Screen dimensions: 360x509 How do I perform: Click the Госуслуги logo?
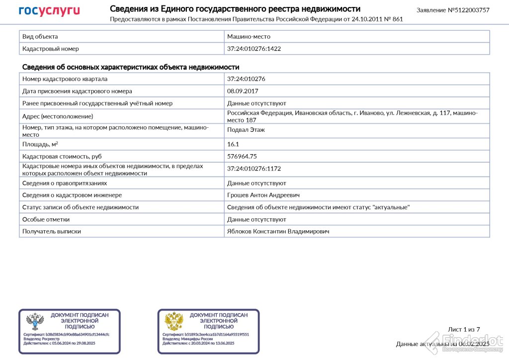pyautogui.click(x=49, y=10)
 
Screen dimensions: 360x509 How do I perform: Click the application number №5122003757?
pyautogui.click(x=453, y=10)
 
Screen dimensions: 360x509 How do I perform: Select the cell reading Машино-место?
pyautogui.click(x=249, y=37)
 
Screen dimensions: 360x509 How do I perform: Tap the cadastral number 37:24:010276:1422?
pyautogui.click(x=257, y=49)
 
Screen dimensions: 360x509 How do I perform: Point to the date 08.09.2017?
pyautogui.click(x=243, y=91)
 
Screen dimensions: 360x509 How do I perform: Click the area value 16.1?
pyautogui.click(x=233, y=144)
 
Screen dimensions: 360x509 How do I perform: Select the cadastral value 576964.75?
pyautogui.click(x=242, y=156)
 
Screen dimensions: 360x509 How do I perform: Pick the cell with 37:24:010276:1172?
pyautogui.click(x=257, y=169)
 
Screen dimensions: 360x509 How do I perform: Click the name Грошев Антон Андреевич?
pyautogui.click(x=263, y=195)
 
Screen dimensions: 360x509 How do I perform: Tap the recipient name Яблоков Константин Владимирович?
pyautogui.click(x=278, y=231)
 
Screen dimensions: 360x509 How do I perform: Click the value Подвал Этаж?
pyautogui.click(x=246, y=130)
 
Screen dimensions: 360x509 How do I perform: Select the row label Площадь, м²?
pyautogui.click(x=40, y=144)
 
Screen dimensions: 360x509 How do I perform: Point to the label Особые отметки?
pyautogui.click(x=46, y=219)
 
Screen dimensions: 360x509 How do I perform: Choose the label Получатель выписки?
pyautogui.click(x=52, y=231)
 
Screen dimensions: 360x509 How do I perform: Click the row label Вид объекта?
pyautogui.click(x=40, y=37)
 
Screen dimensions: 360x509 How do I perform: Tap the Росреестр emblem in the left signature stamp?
pyautogui.click(x=35, y=322)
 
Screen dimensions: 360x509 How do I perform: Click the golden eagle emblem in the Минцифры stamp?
pyautogui.click(x=174, y=322)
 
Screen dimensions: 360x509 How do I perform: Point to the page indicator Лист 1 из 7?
pyautogui.click(x=464, y=329)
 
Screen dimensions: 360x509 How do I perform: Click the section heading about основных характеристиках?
pyautogui.click(x=131, y=67)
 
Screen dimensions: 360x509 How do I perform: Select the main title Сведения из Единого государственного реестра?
pyautogui.click(x=235, y=9)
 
